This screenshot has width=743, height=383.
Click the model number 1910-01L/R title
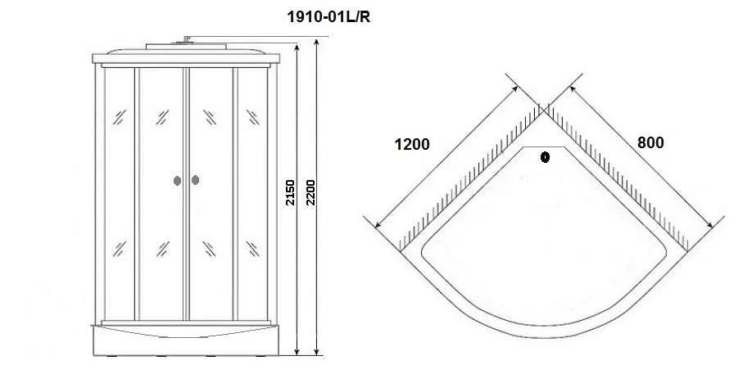point(328,17)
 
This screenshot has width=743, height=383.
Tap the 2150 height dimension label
point(290,192)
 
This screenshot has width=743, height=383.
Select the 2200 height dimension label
point(310,192)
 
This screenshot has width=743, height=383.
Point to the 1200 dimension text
point(412,144)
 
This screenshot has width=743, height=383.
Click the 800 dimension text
point(650,142)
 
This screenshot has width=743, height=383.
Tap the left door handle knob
point(177,180)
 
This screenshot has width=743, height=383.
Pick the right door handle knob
point(195,180)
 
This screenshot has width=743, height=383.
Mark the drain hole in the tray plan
point(545,156)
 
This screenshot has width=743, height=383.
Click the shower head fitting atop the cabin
point(186,40)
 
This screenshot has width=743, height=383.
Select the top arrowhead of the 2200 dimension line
point(316,43)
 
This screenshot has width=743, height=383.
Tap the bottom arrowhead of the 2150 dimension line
point(297,351)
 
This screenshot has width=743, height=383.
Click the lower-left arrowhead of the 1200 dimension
point(378,224)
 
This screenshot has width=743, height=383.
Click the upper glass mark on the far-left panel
point(119,117)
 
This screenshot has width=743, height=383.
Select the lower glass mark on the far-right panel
point(252,249)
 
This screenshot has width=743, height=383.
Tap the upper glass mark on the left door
point(162,117)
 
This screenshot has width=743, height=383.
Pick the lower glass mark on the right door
point(210,249)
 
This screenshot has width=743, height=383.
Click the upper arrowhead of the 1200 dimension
point(515,88)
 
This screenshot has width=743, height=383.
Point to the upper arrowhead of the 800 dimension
point(573,88)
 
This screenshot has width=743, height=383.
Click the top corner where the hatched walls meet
point(543,110)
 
